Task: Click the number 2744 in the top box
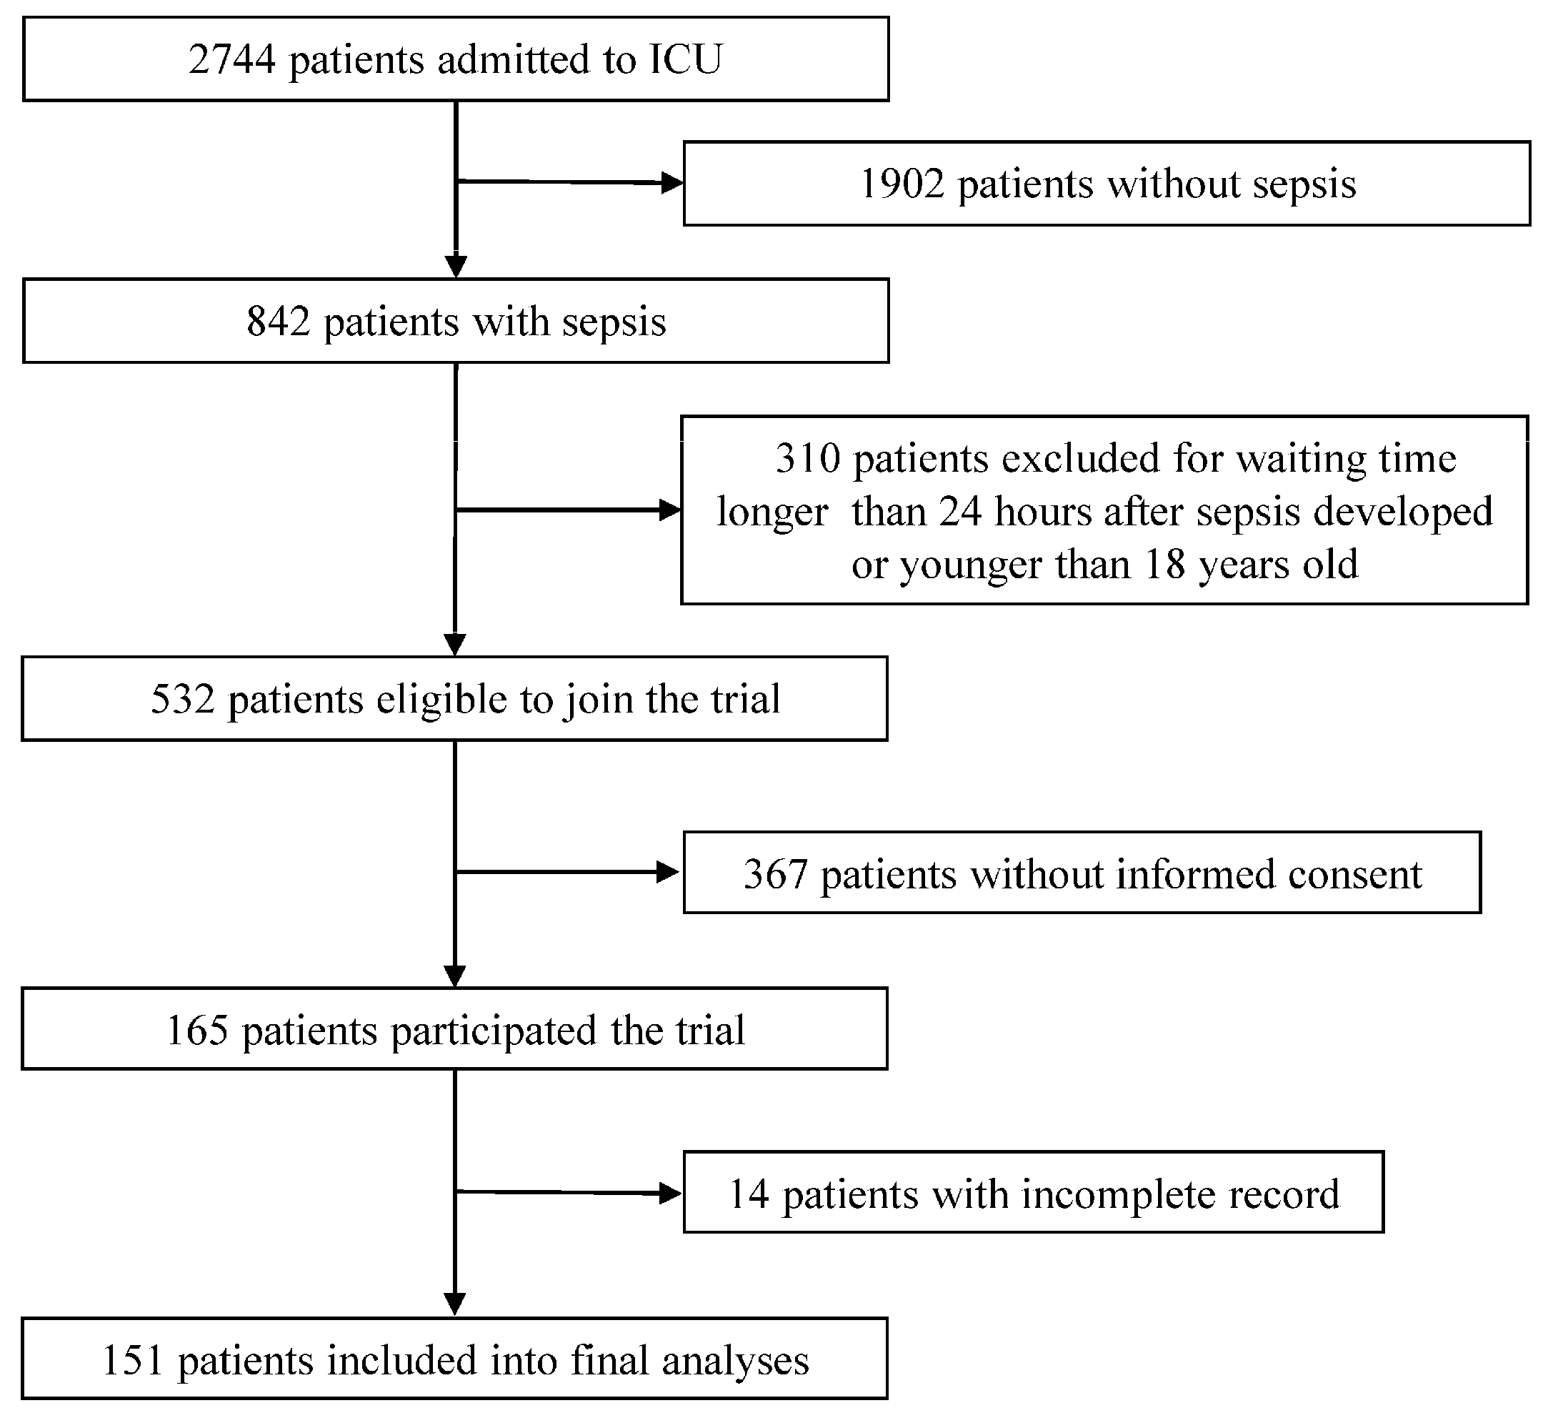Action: [231, 60]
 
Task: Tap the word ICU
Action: [685, 60]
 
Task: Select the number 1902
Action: [902, 185]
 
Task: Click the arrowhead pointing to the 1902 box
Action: [671, 184]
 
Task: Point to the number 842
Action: [277, 322]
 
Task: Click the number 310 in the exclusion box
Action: [807, 459]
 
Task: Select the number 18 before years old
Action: [1164, 564]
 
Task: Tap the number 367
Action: [775, 875]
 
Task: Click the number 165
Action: [197, 1031]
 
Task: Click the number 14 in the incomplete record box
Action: [749, 1194]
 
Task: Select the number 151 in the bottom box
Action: [132, 1360]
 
